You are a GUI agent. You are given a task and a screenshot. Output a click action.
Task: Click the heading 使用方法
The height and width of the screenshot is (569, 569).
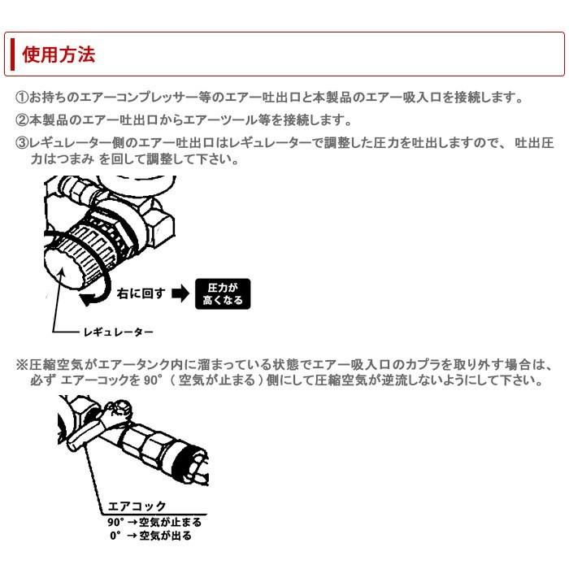pyautogui.click(x=59, y=54)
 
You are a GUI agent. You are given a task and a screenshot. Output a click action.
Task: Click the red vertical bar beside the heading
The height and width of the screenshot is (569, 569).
pyautogui.click(x=13, y=54)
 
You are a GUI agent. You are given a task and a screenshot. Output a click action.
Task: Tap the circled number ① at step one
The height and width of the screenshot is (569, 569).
pyautogui.click(x=22, y=98)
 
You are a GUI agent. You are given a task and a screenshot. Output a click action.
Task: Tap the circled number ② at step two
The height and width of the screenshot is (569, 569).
pyautogui.click(x=22, y=120)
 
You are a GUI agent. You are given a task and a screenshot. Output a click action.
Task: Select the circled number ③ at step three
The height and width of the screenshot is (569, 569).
pyautogui.click(x=22, y=143)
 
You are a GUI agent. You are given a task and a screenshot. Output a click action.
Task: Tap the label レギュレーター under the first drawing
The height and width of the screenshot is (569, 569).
pyautogui.click(x=117, y=332)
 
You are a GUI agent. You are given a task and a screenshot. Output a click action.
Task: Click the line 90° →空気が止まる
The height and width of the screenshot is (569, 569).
pyautogui.click(x=154, y=521)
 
